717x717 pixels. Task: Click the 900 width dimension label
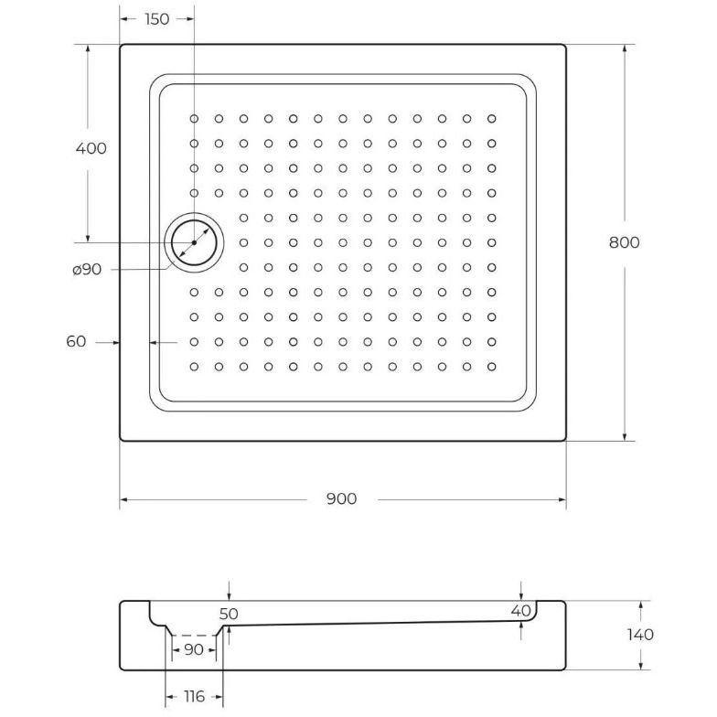coord(340,498)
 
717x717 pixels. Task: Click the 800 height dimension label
coord(625,242)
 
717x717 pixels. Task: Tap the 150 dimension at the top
coord(156,19)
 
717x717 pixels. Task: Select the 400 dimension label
coord(91,148)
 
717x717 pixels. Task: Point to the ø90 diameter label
coord(85,269)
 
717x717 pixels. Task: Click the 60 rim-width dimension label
coord(76,341)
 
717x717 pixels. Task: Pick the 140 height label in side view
coord(641,635)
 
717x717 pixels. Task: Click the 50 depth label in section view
coord(229,615)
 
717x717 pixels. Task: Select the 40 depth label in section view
coord(521,610)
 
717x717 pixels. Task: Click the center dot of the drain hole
coord(194,242)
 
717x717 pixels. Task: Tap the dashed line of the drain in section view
coord(193,634)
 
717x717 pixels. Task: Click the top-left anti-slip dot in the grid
coord(194,118)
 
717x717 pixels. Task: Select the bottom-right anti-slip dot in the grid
coord(491,366)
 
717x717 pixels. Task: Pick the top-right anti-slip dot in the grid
coord(491,118)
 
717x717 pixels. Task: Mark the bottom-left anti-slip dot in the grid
coord(194,366)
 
